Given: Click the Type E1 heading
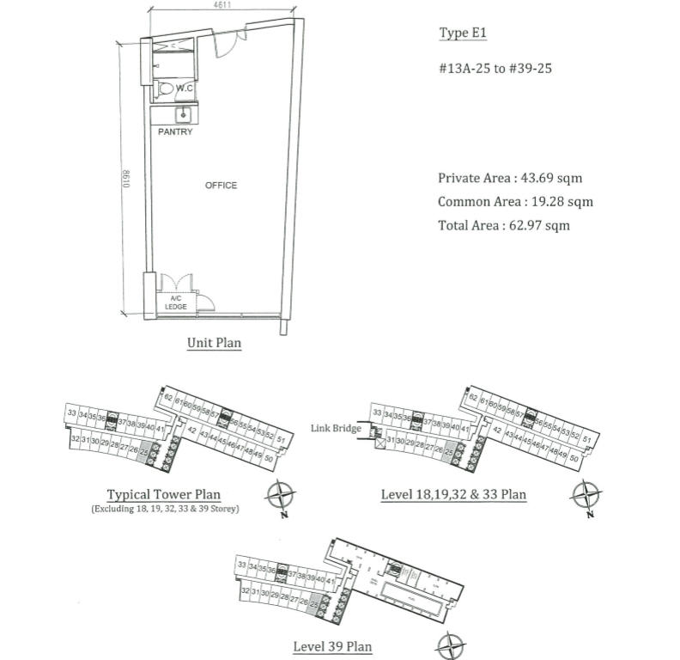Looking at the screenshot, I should tap(463, 34).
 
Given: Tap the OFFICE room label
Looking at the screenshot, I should tap(221, 186).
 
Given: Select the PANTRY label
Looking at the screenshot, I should tap(175, 132).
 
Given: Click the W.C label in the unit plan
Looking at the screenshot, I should tap(184, 89).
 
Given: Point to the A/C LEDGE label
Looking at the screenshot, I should tap(178, 302).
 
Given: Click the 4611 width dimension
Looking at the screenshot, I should tap(223, 6).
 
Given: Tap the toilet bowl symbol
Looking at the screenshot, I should tap(167, 89).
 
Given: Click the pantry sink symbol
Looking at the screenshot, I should tap(182, 114).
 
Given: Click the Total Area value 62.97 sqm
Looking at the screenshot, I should tap(537, 226).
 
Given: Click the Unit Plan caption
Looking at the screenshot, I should tap(214, 343).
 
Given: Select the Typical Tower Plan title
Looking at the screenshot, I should tap(163, 495).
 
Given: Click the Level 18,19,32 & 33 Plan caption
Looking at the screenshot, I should tap(453, 495).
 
